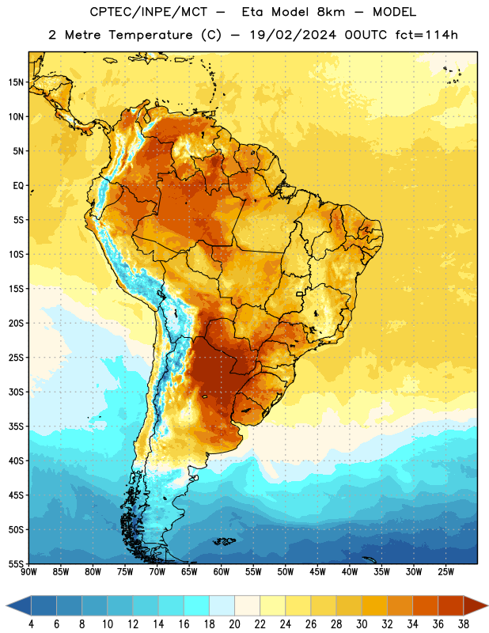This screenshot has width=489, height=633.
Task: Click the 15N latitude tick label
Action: pyautogui.click(x=16, y=82)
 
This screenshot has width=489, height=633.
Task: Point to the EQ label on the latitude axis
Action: pyautogui.click(x=18, y=186)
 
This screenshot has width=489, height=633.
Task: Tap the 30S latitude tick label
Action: pyautogui.click(x=16, y=392)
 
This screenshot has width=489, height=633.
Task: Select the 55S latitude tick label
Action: pyautogui.click(x=16, y=563)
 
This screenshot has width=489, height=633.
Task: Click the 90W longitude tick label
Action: pyautogui.click(x=29, y=572)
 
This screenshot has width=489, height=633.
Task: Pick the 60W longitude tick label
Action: pyautogui.click(x=222, y=572)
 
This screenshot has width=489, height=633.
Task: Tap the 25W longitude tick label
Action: pyautogui.click(x=445, y=572)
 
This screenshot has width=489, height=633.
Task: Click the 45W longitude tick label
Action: pyautogui.click(x=317, y=572)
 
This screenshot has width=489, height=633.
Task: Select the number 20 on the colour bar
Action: pyautogui.click(x=234, y=624)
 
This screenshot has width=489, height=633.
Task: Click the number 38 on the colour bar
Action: pyautogui.click(x=463, y=624)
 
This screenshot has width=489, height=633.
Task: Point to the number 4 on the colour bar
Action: pyautogui.click(x=31, y=624)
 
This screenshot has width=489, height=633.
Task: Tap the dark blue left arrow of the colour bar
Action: pyautogui.click(x=19, y=605)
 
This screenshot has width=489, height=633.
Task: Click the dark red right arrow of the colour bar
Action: pyautogui.click(x=476, y=605)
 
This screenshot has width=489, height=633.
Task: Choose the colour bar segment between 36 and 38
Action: pyautogui.click(x=451, y=605)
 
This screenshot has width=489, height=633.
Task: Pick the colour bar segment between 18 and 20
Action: pyautogui.click(x=222, y=605)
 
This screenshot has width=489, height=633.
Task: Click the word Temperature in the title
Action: pyautogui.click(x=151, y=35)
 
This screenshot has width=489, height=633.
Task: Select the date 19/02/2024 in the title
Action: pyautogui.click(x=293, y=35)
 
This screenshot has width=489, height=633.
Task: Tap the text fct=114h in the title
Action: pyautogui.click(x=426, y=35)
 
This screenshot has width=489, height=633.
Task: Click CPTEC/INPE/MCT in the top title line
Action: pyautogui.click(x=149, y=12)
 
